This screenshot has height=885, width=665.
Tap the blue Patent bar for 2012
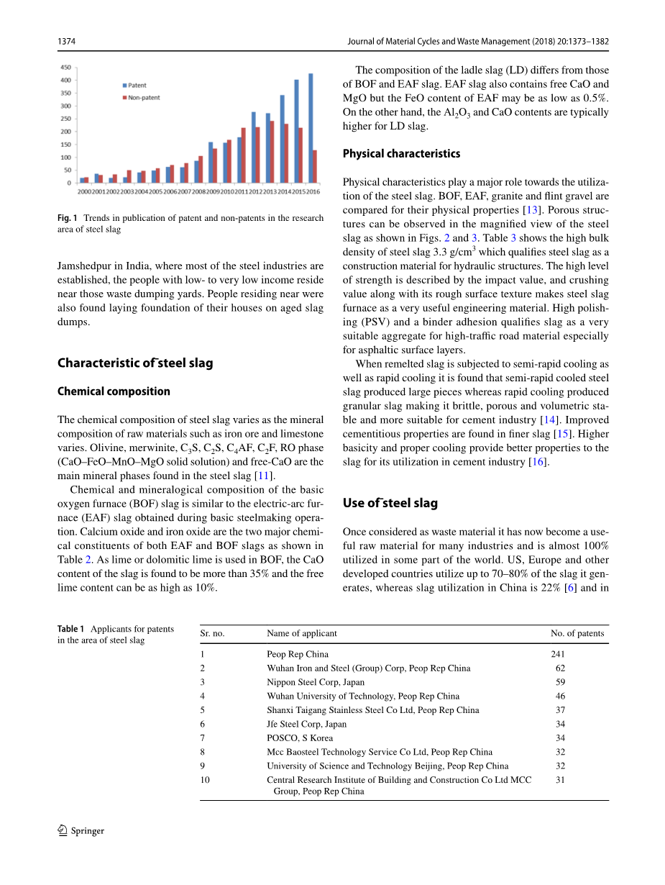click(x=254, y=147)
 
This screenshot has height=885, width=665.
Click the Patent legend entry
click(x=137, y=86)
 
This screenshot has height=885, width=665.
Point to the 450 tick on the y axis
click(x=65, y=67)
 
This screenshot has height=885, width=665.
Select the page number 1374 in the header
click(x=67, y=42)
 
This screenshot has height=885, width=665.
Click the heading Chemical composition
click(x=114, y=391)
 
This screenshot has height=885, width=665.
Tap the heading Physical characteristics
click(x=401, y=153)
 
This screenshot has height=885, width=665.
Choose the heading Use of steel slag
click(x=390, y=503)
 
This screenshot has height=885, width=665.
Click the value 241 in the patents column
click(x=558, y=654)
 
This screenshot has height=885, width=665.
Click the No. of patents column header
click(x=577, y=633)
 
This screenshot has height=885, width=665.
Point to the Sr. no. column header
click(x=213, y=633)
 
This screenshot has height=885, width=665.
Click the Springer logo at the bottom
click(x=81, y=831)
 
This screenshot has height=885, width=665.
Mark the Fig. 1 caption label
click(x=68, y=218)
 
